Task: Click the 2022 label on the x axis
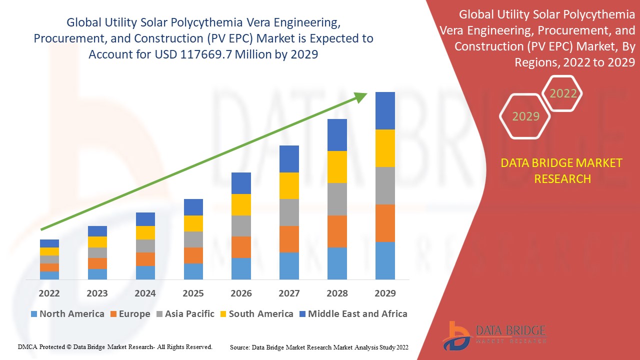pos(49,293)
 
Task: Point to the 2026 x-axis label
pos(241,293)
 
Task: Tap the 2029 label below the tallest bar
pos(385,293)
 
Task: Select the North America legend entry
pos(67,314)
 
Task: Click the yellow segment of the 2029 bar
pos(385,148)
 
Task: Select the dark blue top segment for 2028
pos(337,135)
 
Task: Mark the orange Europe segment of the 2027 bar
pos(289,239)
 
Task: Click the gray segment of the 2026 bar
pos(241,226)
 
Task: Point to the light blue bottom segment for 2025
pos(193,271)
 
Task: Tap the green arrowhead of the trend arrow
pos(361,97)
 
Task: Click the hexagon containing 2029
pos(525,116)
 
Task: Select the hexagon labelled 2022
pos(563,93)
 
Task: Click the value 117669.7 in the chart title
pos(215,54)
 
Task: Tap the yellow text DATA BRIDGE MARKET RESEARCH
pos(562,170)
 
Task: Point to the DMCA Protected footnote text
pos(115,346)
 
